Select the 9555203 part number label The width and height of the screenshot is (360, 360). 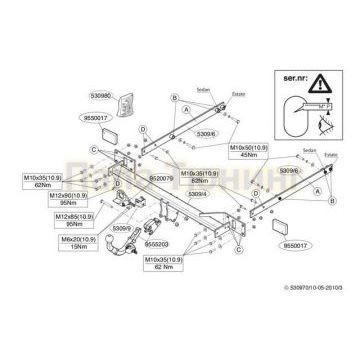point(156,243)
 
